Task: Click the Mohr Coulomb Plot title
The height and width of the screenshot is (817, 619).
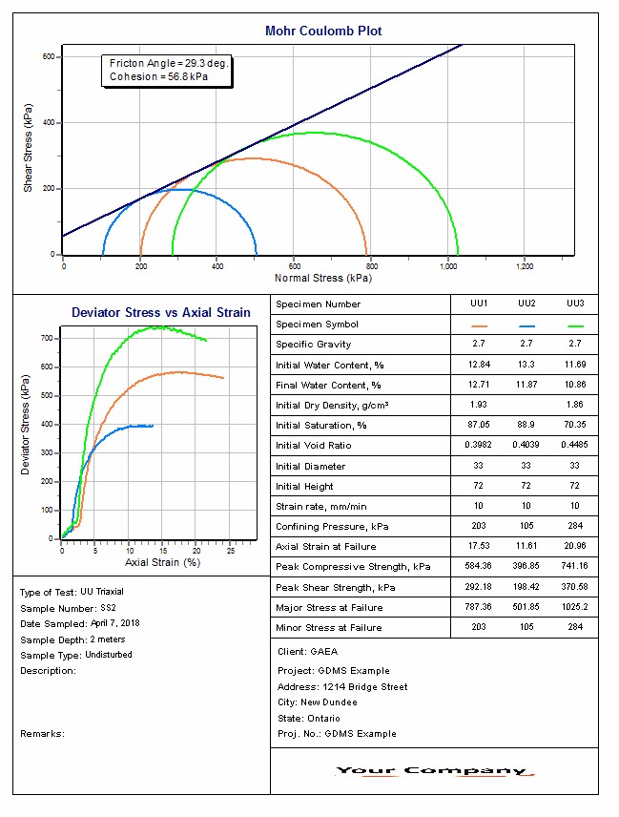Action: (x=323, y=31)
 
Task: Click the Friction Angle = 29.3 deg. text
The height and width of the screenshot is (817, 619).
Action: (x=168, y=63)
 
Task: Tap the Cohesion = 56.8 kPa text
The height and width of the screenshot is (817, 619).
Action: (x=158, y=76)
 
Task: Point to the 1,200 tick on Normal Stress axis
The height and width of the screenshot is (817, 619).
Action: (x=524, y=266)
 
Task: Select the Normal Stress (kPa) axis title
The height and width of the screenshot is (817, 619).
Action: (x=322, y=279)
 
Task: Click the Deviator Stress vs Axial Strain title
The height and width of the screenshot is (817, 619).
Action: (x=161, y=312)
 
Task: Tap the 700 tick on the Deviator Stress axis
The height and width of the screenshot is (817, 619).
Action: (x=46, y=338)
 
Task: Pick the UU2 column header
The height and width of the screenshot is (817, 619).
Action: (x=526, y=304)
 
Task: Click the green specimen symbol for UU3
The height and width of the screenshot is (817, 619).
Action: (x=574, y=325)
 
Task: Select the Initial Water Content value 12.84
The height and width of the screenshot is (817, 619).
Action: (x=478, y=365)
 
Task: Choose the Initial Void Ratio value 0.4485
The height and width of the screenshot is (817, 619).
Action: (x=574, y=446)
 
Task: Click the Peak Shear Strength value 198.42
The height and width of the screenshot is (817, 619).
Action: (x=526, y=587)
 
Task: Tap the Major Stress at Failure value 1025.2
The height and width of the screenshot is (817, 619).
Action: (x=574, y=607)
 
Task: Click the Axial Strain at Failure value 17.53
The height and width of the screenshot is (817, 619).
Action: (x=478, y=547)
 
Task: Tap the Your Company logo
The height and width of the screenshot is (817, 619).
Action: (x=434, y=771)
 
